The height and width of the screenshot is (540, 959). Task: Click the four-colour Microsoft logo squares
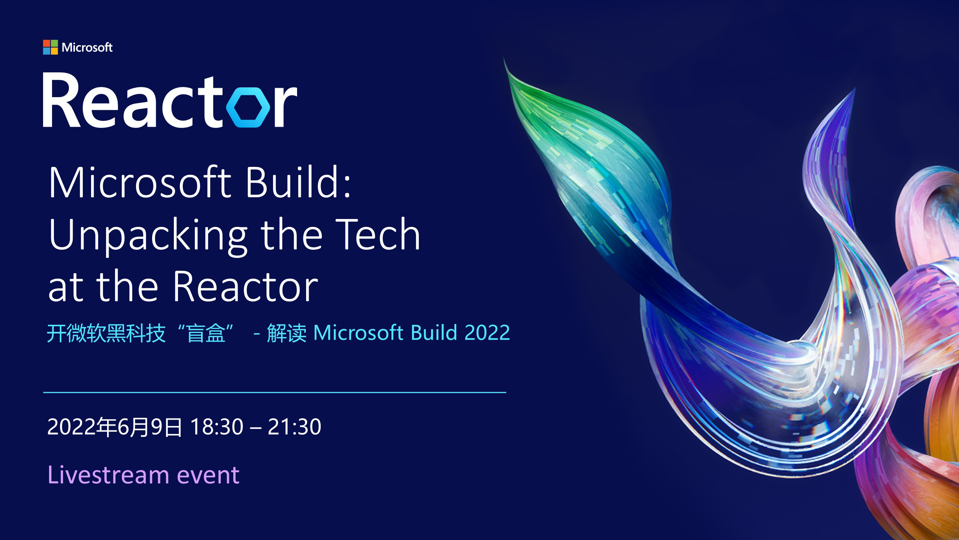(x=51, y=47)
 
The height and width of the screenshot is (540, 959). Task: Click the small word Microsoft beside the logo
(x=87, y=47)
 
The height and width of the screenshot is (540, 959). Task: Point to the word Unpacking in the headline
(x=148, y=236)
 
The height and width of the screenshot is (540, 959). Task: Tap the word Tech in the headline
(x=378, y=234)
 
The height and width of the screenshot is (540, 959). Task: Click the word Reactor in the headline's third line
(x=245, y=286)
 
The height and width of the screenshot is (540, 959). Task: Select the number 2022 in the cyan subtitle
(x=487, y=333)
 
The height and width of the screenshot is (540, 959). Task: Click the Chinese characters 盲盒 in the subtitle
(x=206, y=333)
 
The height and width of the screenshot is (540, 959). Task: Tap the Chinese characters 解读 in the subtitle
(x=287, y=333)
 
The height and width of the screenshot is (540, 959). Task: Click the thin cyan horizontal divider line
(x=275, y=393)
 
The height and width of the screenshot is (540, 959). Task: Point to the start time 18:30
(x=217, y=427)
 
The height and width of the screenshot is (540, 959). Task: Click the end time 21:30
(x=294, y=427)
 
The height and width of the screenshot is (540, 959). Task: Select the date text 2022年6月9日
(x=115, y=427)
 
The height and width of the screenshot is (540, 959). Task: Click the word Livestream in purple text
(x=109, y=475)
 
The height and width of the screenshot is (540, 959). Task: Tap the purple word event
(x=208, y=476)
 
